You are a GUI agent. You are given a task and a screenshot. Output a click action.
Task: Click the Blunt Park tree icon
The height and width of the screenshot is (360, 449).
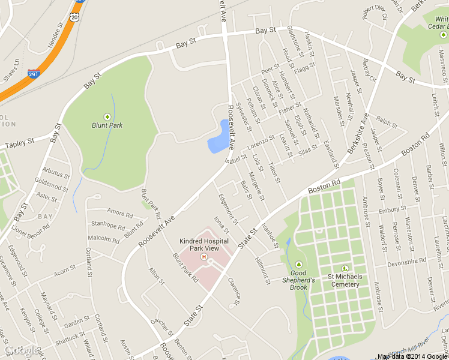(107, 116)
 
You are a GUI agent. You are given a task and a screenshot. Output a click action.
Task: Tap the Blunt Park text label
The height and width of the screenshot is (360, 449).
(107, 125)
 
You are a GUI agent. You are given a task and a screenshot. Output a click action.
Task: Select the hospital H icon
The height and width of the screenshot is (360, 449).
(203, 257)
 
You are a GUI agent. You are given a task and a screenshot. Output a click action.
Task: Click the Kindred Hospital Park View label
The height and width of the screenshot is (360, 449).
(204, 244)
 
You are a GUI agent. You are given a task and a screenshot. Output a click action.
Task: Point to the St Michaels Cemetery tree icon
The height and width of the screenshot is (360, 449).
(345, 268)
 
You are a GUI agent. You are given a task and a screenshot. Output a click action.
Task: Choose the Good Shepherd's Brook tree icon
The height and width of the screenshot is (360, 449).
(299, 265)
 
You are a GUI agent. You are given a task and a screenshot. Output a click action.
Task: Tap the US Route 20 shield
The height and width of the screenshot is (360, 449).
(74, 17)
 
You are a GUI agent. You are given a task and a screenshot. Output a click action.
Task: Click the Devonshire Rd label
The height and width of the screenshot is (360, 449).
(406, 262)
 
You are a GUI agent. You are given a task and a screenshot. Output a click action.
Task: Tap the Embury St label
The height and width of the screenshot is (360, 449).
(393, 210)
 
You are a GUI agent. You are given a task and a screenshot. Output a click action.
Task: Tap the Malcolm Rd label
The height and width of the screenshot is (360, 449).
(104, 238)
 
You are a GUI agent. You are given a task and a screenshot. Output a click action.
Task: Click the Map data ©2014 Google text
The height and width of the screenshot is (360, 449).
(412, 356)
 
